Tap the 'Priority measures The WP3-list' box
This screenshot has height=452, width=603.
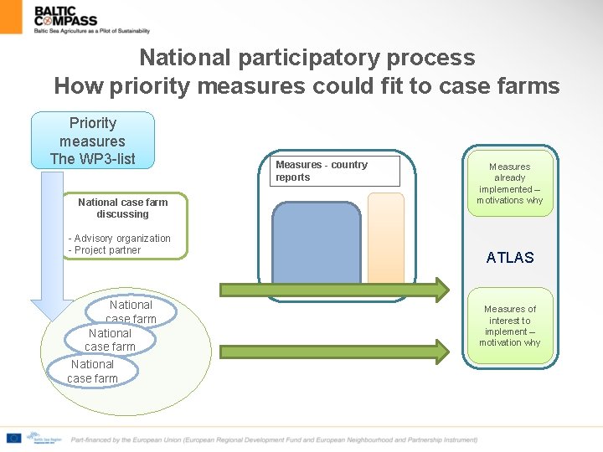pyautogui.click(x=92, y=141)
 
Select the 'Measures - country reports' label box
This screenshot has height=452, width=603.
pyautogui.click(x=337, y=171)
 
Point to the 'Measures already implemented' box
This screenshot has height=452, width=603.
pyautogui.click(x=510, y=183)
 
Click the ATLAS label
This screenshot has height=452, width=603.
pyautogui.click(x=510, y=258)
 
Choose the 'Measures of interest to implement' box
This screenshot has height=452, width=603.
pyautogui.click(x=510, y=326)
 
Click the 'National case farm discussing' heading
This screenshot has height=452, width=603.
pyautogui.click(x=122, y=208)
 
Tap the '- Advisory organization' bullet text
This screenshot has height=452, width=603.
pyautogui.click(x=119, y=239)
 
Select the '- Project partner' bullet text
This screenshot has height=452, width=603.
pyautogui.click(x=105, y=250)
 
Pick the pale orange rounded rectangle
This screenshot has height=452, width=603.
pyautogui.click(x=385, y=238)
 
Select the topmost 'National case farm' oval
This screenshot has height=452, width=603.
pyautogui.click(x=131, y=311)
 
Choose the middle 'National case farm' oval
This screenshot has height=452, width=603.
pyautogui.click(x=111, y=340)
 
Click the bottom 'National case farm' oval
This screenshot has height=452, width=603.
pyautogui.click(x=92, y=371)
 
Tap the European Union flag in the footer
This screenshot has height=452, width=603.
pyautogui.click(x=13, y=438)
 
